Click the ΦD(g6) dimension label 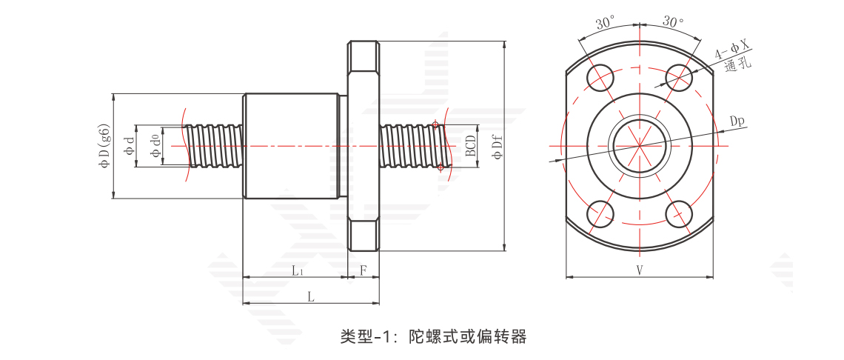[x=104, y=145]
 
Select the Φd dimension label [x=129, y=146]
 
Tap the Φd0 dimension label [x=155, y=146]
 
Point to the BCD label [x=471, y=146]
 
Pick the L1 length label [x=298, y=270]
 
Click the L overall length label [x=311, y=296]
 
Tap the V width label [x=639, y=270]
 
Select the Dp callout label [x=737, y=121]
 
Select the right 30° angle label [x=673, y=21]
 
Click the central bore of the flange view [x=639, y=145]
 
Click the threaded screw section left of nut [x=215, y=146]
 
